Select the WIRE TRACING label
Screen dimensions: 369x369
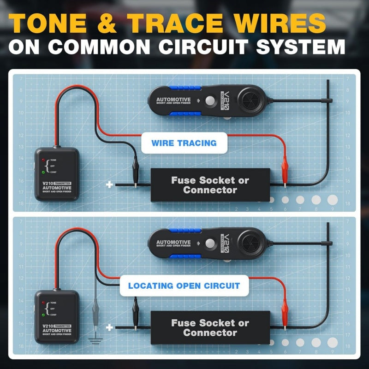point(184,143)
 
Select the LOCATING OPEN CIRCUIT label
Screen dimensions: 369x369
point(184,286)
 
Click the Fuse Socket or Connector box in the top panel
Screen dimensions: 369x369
point(210,184)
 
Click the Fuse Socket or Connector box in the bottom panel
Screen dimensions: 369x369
point(210,327)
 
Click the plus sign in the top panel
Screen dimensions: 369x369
point(109,184)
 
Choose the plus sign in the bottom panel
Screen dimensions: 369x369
point(109,327)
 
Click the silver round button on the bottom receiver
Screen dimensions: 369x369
point(211,243)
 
